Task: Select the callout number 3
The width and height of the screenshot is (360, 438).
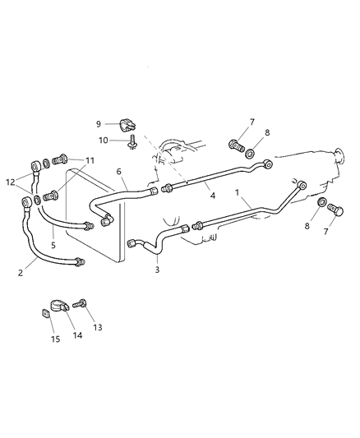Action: pyautogui.click(x=158, y=269)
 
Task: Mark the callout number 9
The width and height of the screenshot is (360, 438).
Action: pyautogui.click(x=98, y=123)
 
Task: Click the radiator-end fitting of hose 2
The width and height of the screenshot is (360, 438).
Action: pyautogui.click(x=79, y=262)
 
